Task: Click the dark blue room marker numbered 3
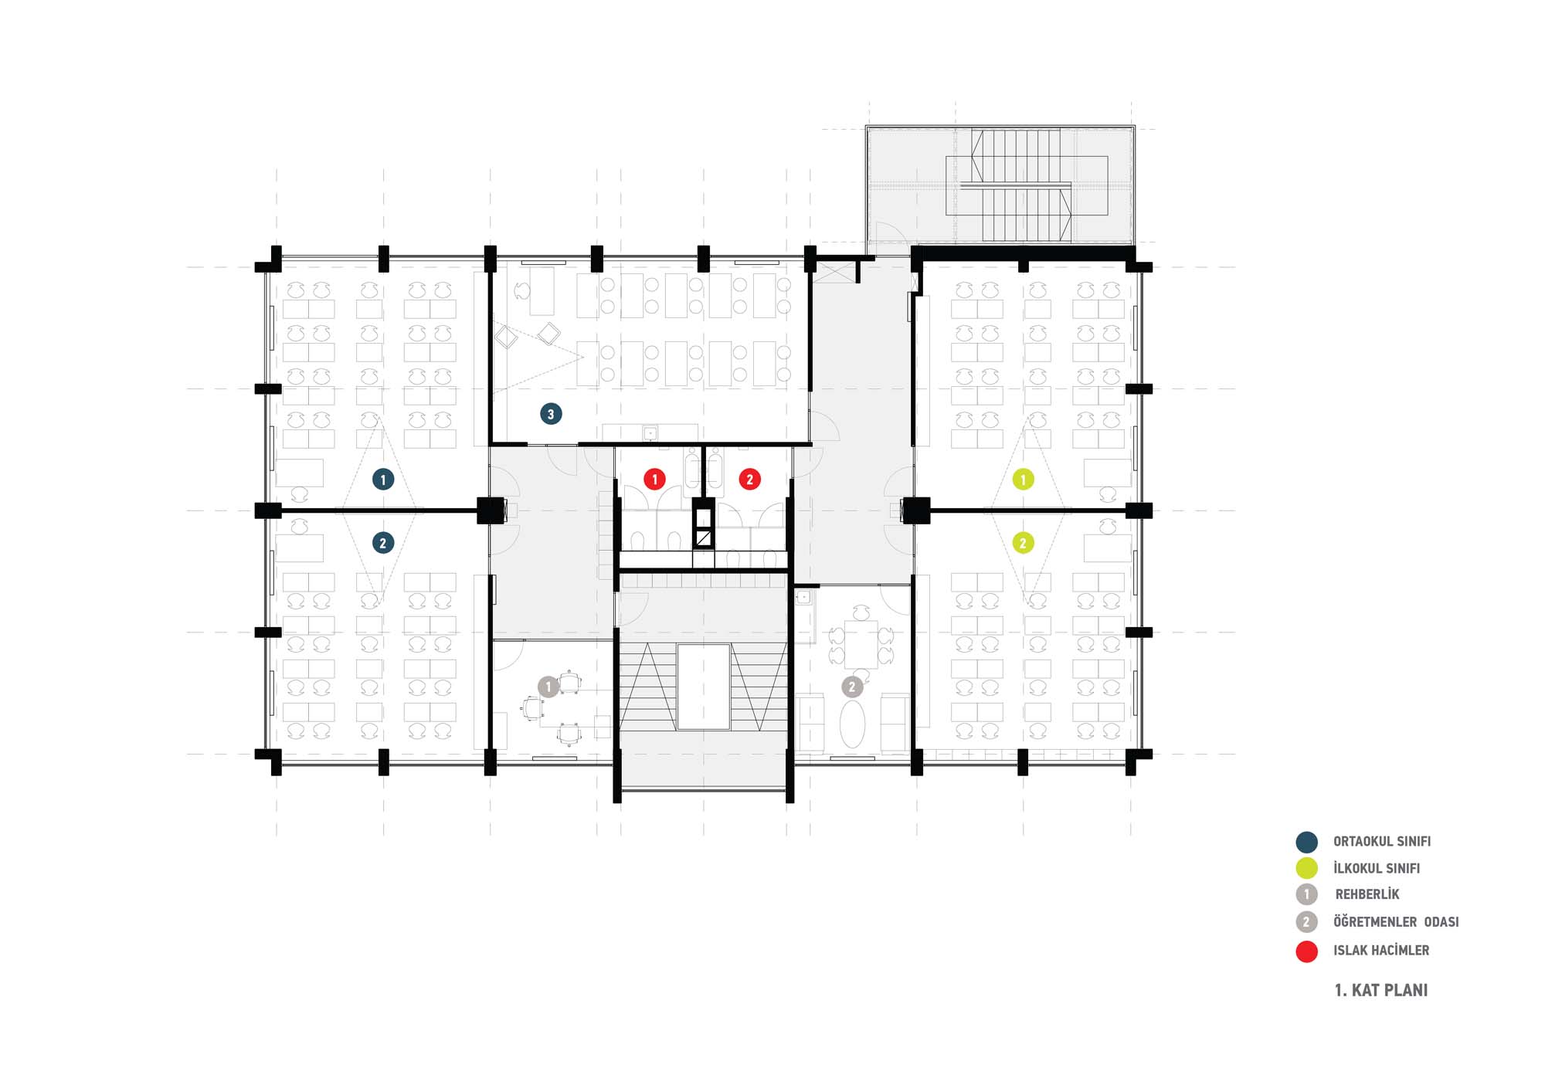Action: click(x=551, y=414)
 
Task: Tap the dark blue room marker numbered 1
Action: click(x=383, y=480)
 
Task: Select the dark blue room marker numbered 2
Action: click(x=383, y=543)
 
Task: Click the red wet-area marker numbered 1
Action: click(x=655, y=479)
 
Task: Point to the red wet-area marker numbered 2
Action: click(x=749, y=479)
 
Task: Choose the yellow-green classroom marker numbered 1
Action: click(x=1024, y=480)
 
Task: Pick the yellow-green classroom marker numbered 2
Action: click(x=1024, y=543)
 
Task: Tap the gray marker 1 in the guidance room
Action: click(x=548, y=687)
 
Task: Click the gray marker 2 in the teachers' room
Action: click(x=852, y=687)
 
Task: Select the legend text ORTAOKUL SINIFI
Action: click(x=1382, y=841)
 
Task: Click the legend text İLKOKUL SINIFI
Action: click(x=1377, y=868)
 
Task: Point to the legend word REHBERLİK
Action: click(x=1367, y=894)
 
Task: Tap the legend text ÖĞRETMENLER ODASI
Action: click(x=1396, y=921)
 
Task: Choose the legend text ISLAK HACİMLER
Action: click(x=1381, y=950)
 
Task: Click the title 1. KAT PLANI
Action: click(x=1381, y=990)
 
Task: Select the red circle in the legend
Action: click(x=1306, y=951)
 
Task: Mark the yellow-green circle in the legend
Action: click(x=1306, y=868)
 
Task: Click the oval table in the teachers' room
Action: click(x=852, y=724)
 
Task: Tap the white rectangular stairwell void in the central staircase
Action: click(x=704, y=687)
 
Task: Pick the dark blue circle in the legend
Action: click(x=1306, y=842)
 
